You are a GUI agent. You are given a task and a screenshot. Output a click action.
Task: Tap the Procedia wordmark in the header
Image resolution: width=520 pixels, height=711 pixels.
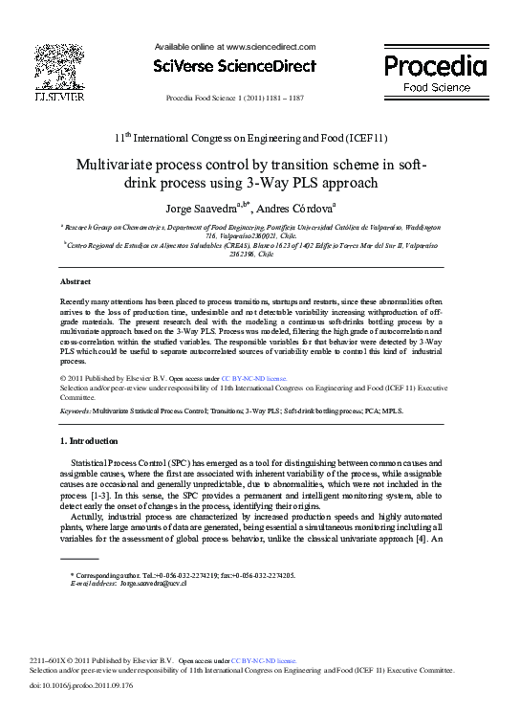[435, 66]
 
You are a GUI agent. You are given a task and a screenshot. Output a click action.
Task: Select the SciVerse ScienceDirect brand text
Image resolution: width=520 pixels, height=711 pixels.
[234, 66]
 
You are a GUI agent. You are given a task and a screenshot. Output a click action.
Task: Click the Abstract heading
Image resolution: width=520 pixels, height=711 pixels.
[76, 281]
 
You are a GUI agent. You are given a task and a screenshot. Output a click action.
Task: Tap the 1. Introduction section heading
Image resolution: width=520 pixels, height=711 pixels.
[89, 441]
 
